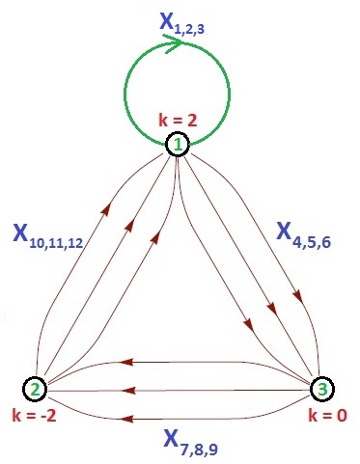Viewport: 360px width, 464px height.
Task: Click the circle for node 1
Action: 179,146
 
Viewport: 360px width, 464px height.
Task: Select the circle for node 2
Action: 35,390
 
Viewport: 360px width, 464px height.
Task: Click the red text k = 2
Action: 179,121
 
